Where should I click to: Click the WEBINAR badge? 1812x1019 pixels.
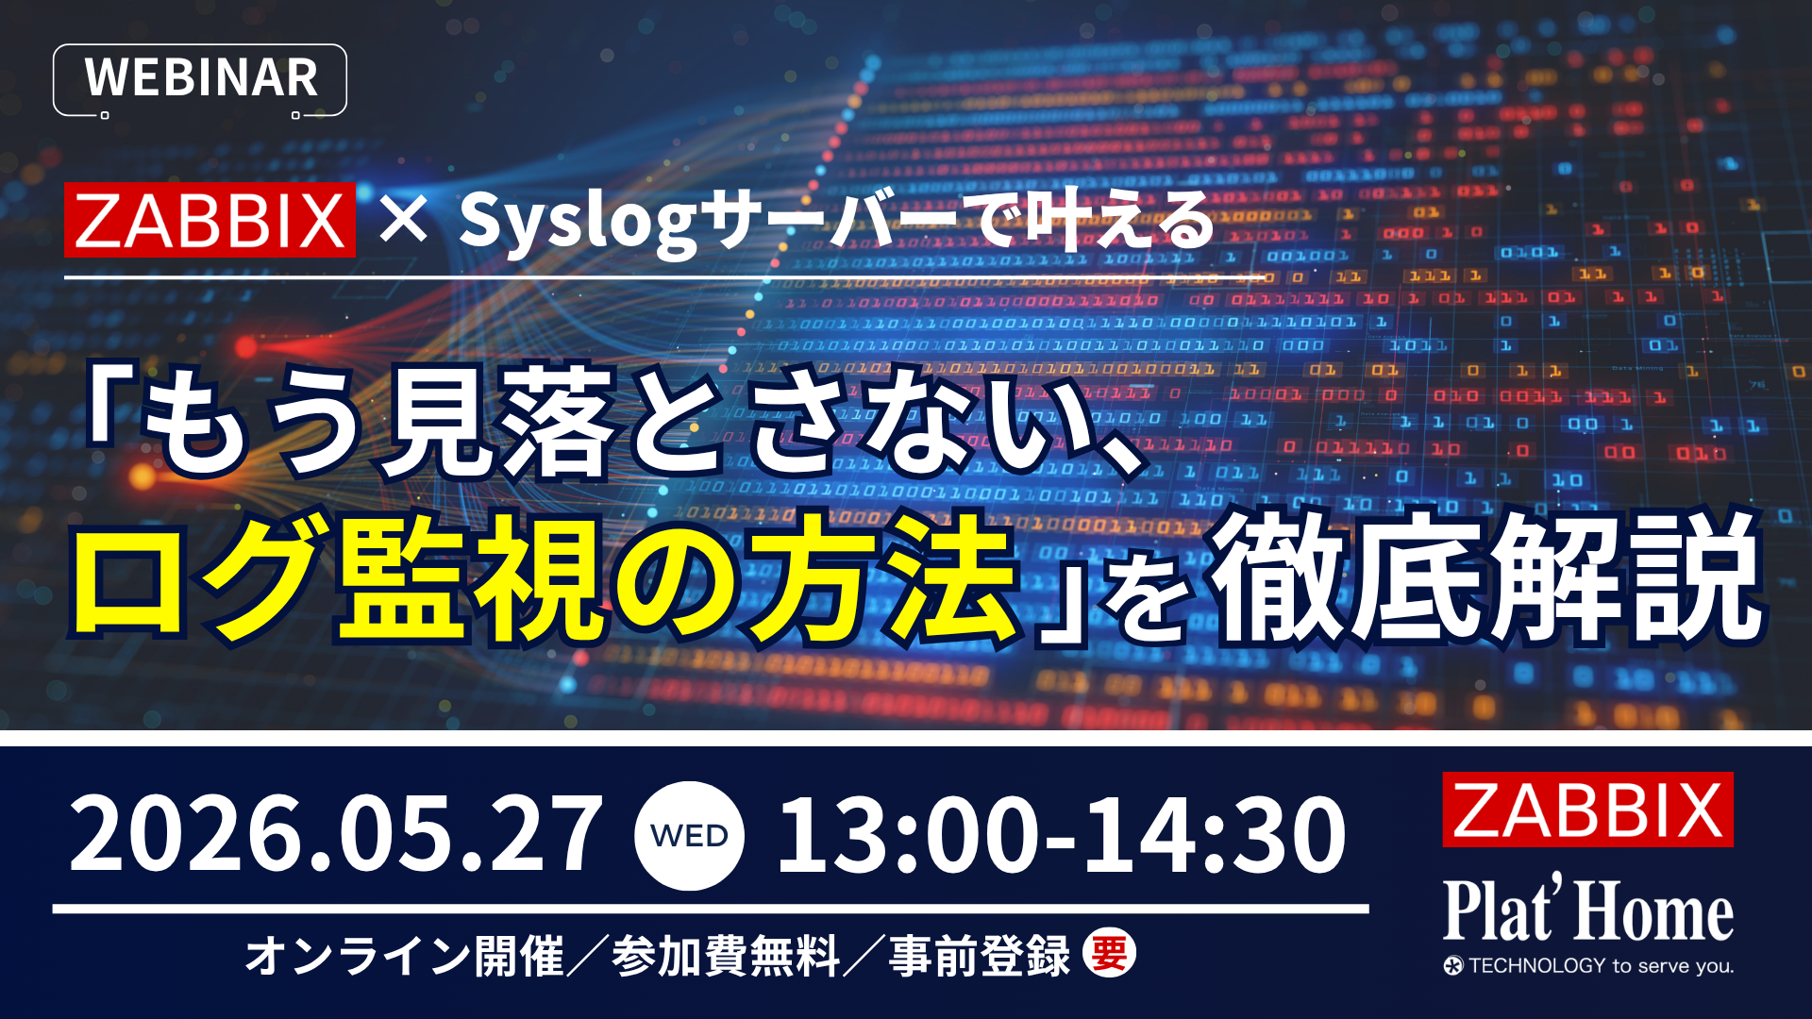tap(200, 79)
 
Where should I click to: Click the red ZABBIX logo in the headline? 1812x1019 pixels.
tap(210, 220)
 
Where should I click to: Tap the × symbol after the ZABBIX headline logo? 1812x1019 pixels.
tap(404, 220)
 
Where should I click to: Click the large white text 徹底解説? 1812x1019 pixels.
tap(1485, 577)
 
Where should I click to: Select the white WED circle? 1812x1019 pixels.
tap(689, 836)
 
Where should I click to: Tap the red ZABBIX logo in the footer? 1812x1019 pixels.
tap(1587, 810)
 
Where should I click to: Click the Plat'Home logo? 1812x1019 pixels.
tap(1587, 910)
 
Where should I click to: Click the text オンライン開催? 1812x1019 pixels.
tap(405, 956)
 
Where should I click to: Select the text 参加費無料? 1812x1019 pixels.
tap(726, 956)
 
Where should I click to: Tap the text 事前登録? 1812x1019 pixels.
tap(980, 956)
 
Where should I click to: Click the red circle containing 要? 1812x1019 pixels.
tap(1109, 954)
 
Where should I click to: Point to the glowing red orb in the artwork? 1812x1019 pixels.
tap(246, 348)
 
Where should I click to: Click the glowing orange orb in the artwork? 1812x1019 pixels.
tap(143, 476)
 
